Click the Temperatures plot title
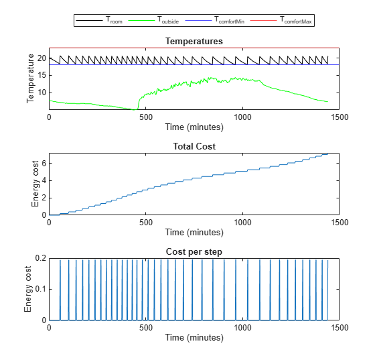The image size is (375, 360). [194, 42]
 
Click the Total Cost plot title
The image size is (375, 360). [194, 146]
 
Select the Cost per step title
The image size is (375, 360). [194, 251]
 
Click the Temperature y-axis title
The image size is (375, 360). [30, 79]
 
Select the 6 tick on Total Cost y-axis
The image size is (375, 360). [44, 163]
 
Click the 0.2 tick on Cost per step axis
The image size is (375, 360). [40, 258]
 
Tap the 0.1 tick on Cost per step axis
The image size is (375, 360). [40, 289]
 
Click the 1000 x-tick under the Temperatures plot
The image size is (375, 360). [242, 117]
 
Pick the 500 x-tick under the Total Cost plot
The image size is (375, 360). [145, 222]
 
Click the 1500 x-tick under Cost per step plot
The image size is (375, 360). [339, 327]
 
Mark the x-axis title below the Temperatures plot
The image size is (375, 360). [194, 126]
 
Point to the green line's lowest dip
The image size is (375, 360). [136, 109]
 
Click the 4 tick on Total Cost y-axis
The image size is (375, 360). [44, 180]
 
